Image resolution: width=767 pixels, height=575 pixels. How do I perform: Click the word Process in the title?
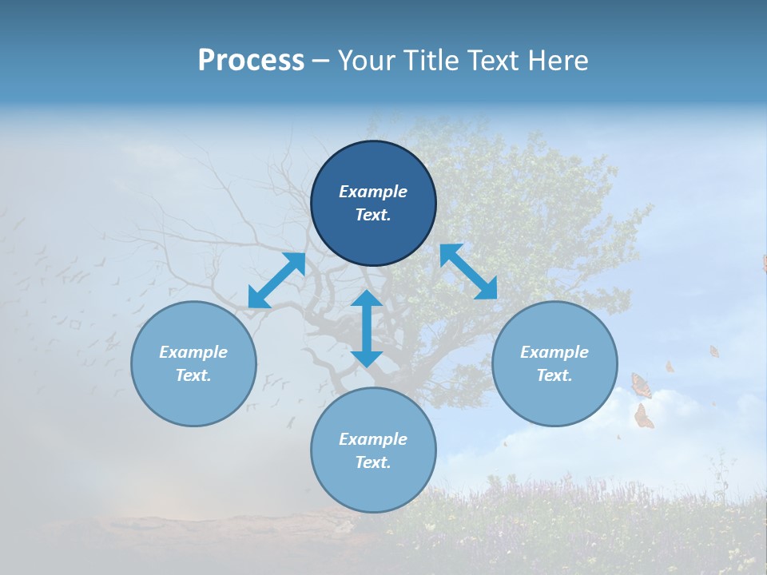pyautogui.click(x=251, y=61)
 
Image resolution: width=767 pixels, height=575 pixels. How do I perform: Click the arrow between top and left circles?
pyautogui.click(x=276, y=280)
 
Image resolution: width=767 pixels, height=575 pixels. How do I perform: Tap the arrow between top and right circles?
pyautogui.click(x=468, y=272)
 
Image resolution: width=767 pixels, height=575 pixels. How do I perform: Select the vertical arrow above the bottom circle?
pyautogui.click(x=367, y=328)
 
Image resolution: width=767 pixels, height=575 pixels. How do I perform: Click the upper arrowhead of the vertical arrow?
pyautogui.click(x=367, y=299)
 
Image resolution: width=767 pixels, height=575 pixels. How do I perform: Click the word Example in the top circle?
pyautogui.click(x=373, y=192)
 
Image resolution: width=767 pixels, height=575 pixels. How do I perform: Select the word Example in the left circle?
pyautogui.click(x=193, y=352)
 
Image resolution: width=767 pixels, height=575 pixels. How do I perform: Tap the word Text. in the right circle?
pyautogui.click(x=554, y=375)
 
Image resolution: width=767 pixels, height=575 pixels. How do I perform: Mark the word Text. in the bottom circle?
pyautogui.click(x=373, y=462)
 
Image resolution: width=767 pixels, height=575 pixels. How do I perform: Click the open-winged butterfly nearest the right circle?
pyautogui.click(x=641, y=385)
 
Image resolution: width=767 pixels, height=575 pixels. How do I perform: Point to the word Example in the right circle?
pyautogui.click(x=554, y=352)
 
